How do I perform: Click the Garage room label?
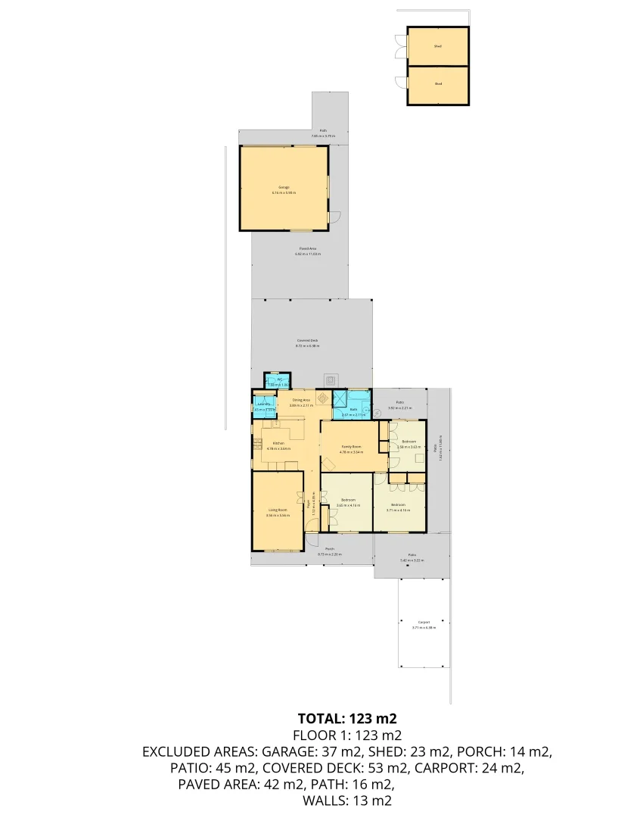click(x=284, y=187)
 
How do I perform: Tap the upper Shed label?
click(x=438, y=46)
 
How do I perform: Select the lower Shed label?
click(x=438, y=84)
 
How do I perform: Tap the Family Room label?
click(x=351, y=447)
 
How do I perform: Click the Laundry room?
click(x=264, y=406)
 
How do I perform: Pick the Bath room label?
click(x=353, y=411)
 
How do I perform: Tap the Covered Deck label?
click(x=307, y=342)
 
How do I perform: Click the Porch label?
click(x=330, y=551)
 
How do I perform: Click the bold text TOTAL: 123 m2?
click(x=347, y=718)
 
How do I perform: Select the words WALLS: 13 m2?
click(x=347, y=800)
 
